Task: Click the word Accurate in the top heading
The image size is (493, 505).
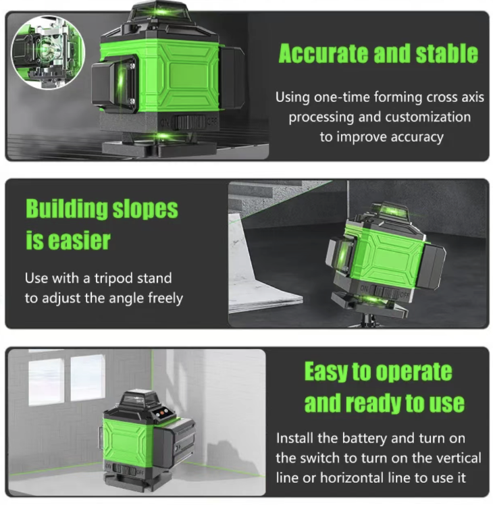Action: pos(323,53)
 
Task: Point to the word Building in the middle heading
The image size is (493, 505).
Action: pos(66,209)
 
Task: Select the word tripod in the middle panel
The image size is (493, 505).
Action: pos(113,279)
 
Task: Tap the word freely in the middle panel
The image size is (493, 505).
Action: pos(165,298)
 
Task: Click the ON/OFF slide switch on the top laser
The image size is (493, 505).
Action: pos(190,122)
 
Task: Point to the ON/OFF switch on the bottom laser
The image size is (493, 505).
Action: pos(125,470)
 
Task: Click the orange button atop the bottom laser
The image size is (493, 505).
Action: pos(165,411)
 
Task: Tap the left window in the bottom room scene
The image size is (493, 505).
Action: pos(45,382)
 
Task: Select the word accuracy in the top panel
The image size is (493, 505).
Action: pos(417,137)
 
